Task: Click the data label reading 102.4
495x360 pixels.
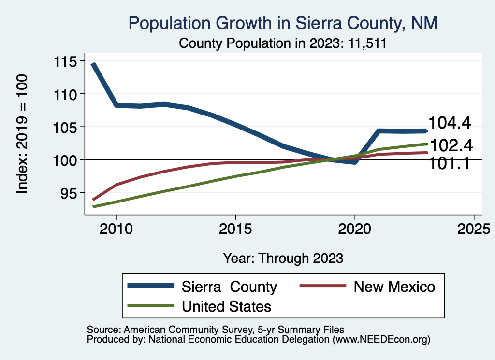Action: click(x=451, y=145)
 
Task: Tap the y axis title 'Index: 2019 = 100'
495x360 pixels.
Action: click(x=22, y=134)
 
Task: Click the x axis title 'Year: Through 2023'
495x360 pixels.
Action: click(x=283, y=258)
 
